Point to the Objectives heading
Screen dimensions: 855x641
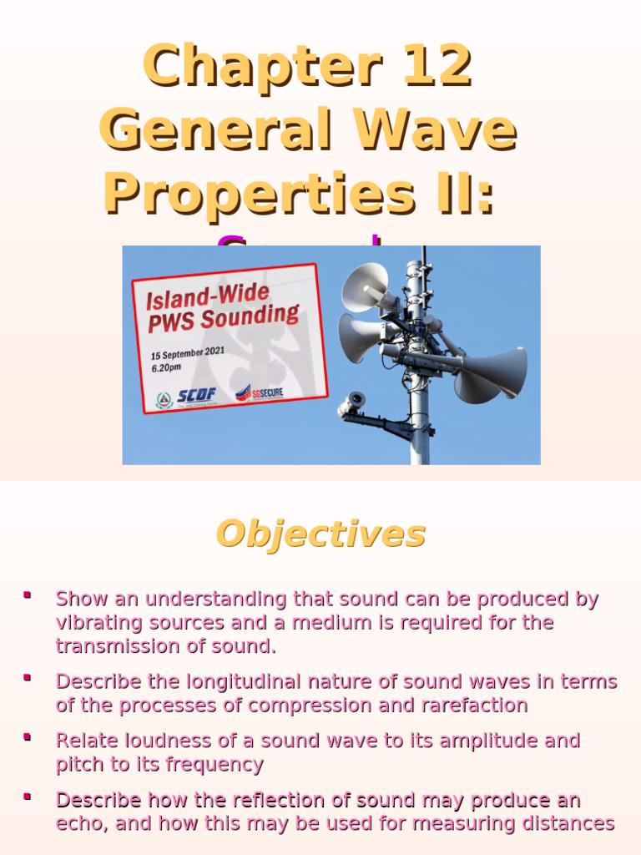(x=320, y=534)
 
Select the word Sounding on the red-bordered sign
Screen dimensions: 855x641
(x=255, y=316)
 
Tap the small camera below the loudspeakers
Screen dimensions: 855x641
(x=352, y=404)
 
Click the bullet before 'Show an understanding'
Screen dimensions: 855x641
(x=28, y=595)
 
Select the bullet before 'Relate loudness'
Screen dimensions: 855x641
(x=28, y=737)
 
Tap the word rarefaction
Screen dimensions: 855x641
(x=475, y=705)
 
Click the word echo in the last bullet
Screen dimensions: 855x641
(x=79, y=823)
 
